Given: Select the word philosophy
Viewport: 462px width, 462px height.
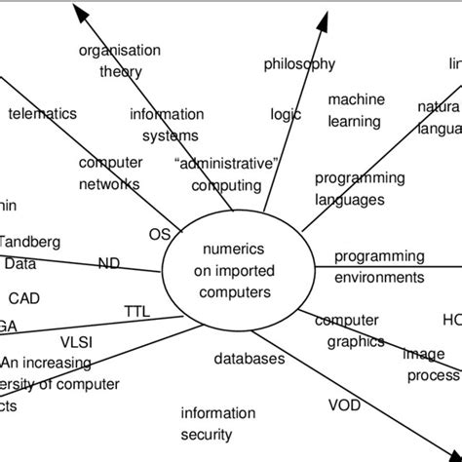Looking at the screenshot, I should [x=299, y=64].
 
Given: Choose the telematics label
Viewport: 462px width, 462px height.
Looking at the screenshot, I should [x=42, y=113].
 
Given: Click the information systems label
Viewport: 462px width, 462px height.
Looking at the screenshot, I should [x=167, y=124].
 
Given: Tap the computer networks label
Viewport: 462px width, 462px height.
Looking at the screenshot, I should [x=109, y=173].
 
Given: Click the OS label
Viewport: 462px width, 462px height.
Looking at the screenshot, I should [x=159, y=234].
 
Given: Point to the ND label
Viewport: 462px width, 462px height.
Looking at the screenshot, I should [x=109, y=262].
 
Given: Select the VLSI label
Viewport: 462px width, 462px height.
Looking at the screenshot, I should [x=78, y=341].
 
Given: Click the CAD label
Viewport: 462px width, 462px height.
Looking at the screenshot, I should [x=24, y=297].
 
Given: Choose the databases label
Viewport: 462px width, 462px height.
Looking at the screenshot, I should [x=250, y=359].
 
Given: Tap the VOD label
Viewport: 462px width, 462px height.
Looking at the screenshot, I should [x=343, y=404].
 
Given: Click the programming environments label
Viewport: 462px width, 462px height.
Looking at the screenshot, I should [x=379, y=266].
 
